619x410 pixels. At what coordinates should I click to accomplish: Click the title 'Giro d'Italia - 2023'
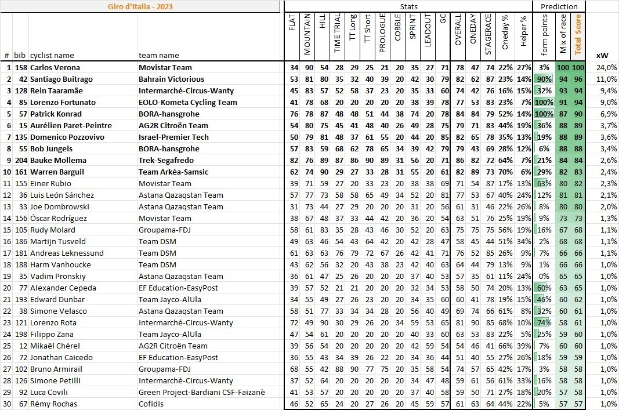(140, 6)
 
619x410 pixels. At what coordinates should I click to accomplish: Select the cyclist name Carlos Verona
(55, 68)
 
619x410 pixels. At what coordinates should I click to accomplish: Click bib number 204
(21, 161)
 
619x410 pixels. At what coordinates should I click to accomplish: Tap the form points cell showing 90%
(544, 79)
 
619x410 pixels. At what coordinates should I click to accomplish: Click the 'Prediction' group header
(559, 6)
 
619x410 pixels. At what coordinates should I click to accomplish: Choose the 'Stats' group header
(408, 6)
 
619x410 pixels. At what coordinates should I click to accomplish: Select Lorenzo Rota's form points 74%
(544, 323)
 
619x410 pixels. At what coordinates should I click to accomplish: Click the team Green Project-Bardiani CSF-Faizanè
(201, 393)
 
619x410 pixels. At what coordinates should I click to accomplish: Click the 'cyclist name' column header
(52, 56)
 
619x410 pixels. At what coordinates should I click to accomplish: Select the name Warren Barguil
(57, 172)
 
